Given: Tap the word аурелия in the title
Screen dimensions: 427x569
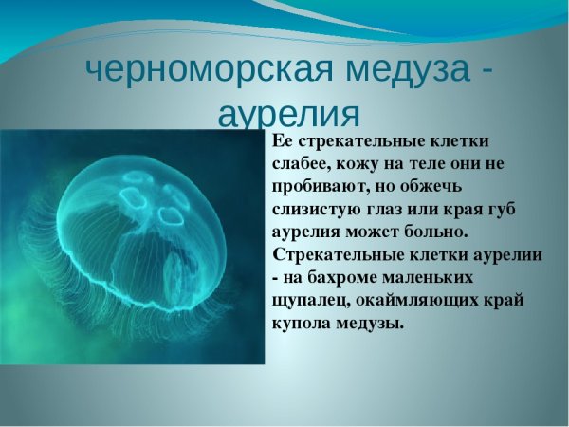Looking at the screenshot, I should click(x=289, y=114).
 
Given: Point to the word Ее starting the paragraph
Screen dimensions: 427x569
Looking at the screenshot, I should click(x=282, y=141).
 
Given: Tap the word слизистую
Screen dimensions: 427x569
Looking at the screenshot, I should click(x=318, y=210).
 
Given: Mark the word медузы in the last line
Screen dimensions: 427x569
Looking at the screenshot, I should click(x=372, y=324).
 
